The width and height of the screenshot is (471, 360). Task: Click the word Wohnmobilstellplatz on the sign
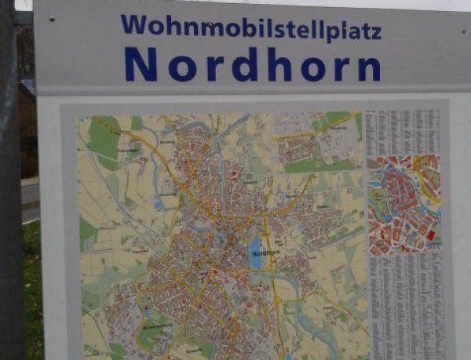coord(250,27)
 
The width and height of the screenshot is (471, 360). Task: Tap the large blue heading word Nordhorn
coord(252,65)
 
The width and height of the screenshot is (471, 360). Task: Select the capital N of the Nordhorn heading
coord(140,65)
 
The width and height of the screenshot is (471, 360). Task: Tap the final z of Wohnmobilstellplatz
coord(375,33)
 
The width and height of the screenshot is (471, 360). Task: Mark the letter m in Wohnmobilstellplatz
coord(210,28)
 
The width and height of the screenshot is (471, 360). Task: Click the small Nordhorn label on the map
coord(266,253)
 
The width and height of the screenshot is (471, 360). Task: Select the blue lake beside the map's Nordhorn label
coord(255,254)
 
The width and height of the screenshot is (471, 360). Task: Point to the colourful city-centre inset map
coord(404,203)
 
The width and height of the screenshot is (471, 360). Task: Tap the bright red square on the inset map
coord(430,235)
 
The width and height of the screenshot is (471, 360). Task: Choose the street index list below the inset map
coord(407,302)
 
